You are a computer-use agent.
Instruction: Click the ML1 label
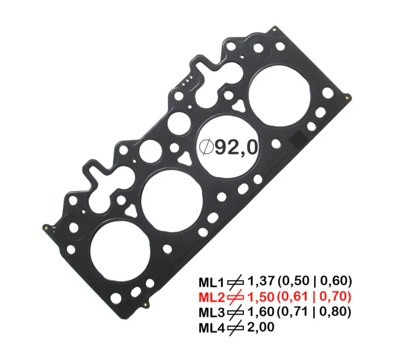click(210, 282)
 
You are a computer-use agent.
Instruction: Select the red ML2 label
click(210, 297)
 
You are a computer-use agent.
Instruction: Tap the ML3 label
click(210, 312)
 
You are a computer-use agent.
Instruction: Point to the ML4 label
click(210, 327)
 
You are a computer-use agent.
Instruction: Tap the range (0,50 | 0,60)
click(315, 281)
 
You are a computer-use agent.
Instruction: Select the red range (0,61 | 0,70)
click(315, 296)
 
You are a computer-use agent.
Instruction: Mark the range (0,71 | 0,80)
click(315, 311)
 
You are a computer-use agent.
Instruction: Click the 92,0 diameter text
click(236, 148)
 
